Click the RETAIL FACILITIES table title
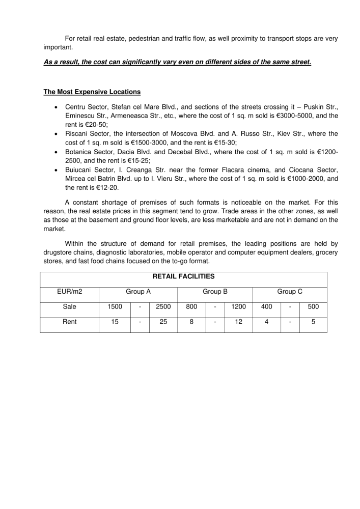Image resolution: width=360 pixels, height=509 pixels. [183, 276]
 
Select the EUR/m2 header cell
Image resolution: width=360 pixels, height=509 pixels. [69, 292]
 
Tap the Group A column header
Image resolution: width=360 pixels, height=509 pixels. [138, 292]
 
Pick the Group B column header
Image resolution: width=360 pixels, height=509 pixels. [215, 292]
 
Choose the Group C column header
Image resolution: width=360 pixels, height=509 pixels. [290, 292]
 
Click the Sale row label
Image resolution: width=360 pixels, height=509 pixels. [69, 306]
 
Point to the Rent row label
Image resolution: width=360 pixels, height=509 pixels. [69, 322]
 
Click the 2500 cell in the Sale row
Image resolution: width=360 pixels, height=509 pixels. [163, 306]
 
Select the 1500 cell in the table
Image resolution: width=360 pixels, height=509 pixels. [115, 306]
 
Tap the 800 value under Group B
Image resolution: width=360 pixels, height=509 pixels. [191, 306]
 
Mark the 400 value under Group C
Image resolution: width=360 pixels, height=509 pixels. [266, 306]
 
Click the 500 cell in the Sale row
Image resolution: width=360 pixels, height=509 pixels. [313, 306]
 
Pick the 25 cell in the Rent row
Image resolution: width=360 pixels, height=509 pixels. [163, 322]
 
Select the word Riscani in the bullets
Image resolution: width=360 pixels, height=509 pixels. [76, 134]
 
